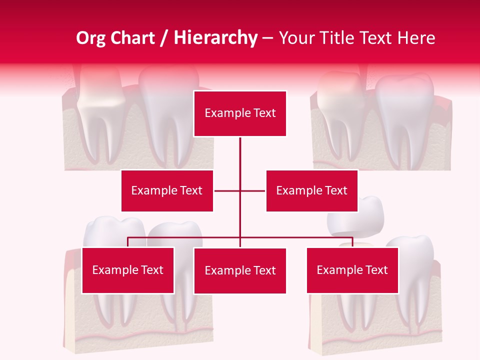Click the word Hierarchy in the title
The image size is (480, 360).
[215, 38]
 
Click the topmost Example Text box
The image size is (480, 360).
[240, 113]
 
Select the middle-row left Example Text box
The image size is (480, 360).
[167, 190]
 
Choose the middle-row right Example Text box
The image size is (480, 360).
[311, 190]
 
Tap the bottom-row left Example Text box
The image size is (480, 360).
[128, 270]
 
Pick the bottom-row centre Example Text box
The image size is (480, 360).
[240, 270]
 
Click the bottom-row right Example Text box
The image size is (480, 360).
[352, 270]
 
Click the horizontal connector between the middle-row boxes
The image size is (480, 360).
[240, 190]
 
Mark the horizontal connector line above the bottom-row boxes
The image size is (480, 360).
[185, 237]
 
